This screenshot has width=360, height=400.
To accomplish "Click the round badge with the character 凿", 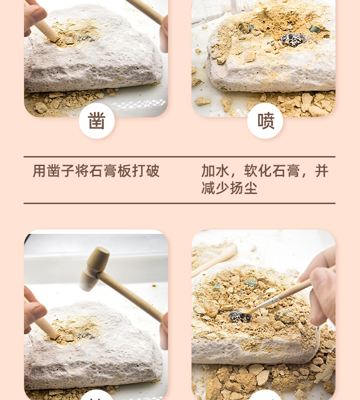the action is coord(96,121).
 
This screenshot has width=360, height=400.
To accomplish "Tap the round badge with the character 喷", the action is coord(265,121).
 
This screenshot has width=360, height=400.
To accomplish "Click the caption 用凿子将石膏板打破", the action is coord(96,170).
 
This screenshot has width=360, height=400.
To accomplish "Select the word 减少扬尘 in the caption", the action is coord(229,188).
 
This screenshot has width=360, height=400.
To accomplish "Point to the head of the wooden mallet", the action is coord(95,269).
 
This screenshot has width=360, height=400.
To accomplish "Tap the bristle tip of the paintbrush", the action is coord(247,311).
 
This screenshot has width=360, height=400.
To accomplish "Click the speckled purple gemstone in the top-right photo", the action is coord(293,39).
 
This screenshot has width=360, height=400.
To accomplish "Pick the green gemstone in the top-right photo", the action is coord(315,29).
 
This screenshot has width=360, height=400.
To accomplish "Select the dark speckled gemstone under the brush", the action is coord(240,317).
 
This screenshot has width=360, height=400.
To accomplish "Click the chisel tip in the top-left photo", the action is coord(55,39).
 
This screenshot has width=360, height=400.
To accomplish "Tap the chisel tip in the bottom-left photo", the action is coord(55,336).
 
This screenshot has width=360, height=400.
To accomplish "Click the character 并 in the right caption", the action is coord(322,170).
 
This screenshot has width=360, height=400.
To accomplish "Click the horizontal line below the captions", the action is coord(180,203).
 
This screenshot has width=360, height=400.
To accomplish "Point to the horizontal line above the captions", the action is coord(180,157).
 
